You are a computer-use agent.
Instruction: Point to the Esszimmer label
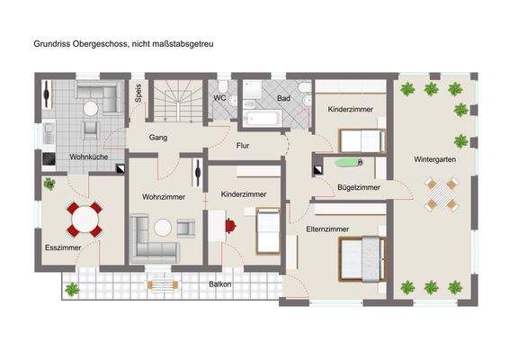pyautogui.click(x=63, y=247)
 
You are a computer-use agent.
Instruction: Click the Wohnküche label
pyautogui.click(x=89, y=157)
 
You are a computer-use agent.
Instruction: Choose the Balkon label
pyautogui.click(x=220, y=284)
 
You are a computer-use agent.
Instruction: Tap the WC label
pyautogui.click(x=219, y=98)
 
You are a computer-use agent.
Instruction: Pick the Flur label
pyautogui.click(x=243, y=144)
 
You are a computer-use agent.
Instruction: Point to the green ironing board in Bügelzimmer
pyautogui.click(x=344, y=163)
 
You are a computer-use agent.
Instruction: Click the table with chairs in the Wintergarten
pyautogui.click(x=442, y=193)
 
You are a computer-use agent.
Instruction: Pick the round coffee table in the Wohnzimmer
pyautogui.click(x=162, y=228)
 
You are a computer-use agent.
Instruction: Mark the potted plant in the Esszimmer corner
pyautogui.click(x=49, y=184)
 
